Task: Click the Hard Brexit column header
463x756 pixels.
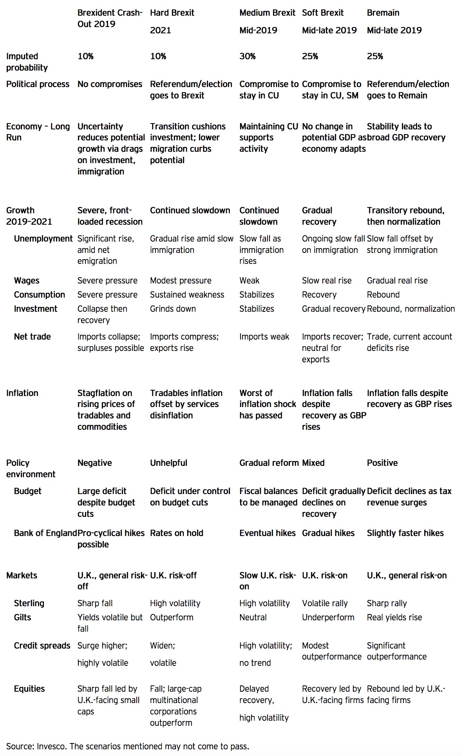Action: [x=172, y=13]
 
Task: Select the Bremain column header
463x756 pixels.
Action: [x=383, y=13]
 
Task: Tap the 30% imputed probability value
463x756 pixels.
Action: [x=247, y=56]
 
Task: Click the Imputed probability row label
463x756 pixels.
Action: [x=27, y=62]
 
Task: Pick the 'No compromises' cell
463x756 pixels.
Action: [x=110, y=84]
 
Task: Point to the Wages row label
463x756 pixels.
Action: [x=27, y=281]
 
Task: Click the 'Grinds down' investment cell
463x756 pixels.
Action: [x=173, y=309]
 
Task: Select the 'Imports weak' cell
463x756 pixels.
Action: [x=264, y=337]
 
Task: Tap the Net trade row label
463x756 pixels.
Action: [x=32, y=337]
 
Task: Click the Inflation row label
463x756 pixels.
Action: [x=22, y=393]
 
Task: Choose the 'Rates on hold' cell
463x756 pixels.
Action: [x=176, y=533]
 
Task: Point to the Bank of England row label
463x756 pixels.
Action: [x=45, y=533]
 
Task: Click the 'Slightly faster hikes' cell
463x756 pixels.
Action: [x=405, y=533]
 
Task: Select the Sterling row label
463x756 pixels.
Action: [x=29, y=603]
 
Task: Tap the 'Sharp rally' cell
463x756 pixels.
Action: [x=387, y=603]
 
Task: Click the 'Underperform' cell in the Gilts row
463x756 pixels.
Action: [x=328, y=618]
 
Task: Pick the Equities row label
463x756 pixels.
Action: [x=29, y=689]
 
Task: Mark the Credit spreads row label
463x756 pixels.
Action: [x=42, y=646]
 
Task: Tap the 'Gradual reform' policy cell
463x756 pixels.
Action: [x=269, y=463]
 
